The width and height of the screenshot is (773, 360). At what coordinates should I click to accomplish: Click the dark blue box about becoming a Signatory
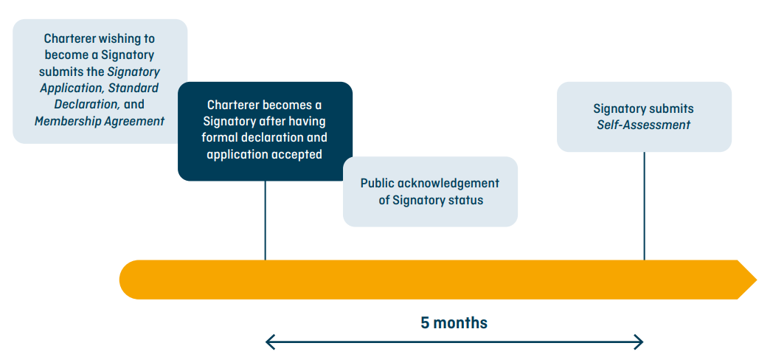[266, 131]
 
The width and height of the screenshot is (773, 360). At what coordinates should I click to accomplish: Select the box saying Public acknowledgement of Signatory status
[430, 192]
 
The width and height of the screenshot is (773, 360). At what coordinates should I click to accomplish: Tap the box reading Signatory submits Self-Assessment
[644, 117]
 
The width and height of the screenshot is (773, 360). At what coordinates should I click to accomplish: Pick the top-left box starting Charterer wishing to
[100, 81]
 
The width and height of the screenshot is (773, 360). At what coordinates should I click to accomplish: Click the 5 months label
[454, 323]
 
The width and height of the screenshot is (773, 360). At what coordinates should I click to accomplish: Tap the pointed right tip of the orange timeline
[756, 280]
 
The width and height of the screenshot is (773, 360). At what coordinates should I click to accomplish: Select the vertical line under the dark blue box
[266, 221]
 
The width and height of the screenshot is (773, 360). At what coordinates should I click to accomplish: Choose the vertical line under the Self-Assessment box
[644, 206]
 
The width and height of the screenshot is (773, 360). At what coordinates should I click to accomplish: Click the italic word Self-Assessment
[644, 125]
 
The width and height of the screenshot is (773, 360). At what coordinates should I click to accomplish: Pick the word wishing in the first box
[118, 38]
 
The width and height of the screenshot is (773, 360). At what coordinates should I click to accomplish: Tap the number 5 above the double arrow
[425, 323]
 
